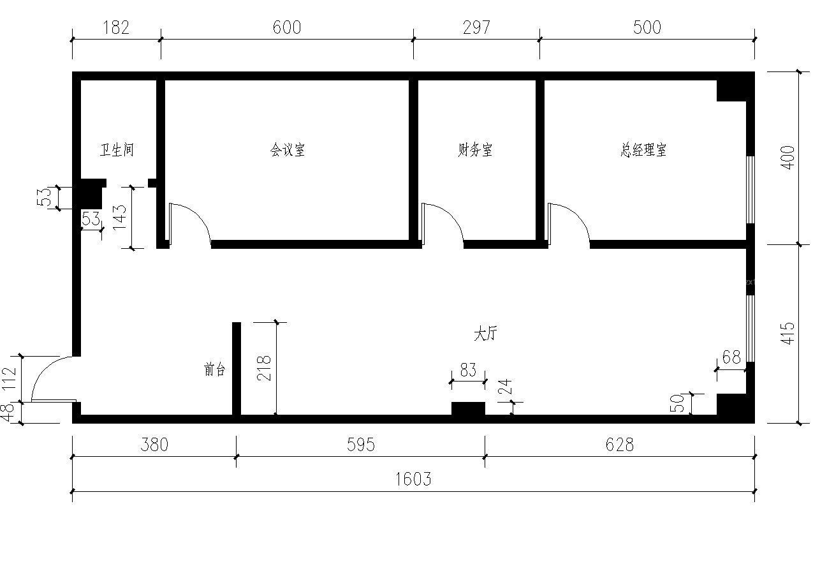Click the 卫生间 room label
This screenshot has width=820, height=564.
pyautogui.click(x=117, y=151)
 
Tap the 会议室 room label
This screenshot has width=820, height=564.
pyautogui.click(x=287, y=151)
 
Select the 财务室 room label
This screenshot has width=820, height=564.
pyautogui.click(x=475, y=151)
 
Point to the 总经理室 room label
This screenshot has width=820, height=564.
pyautogui.click(x=643, y=151)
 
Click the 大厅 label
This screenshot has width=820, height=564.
pyautogui.click(x=485, y=334)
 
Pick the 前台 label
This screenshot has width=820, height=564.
pyautogui.click(x=215, y=370)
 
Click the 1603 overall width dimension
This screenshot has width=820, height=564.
pyautogui.click(x=413, y=479)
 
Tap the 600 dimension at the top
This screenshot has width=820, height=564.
pyautogui.click(x=286, y=27)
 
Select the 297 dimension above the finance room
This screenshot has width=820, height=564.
pyautogui.click(x=476, y=27)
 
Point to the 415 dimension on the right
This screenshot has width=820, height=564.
pyautogui.click(x=787, y=334)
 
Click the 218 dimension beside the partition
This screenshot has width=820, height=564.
pyautogui.click(x=265, y=368)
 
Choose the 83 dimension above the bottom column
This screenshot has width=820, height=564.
pyautogui.click(x=468, y=371)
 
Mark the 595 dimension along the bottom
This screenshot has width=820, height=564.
pyautogui.click(x=360, y=445)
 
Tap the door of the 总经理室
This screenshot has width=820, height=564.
pyautogui.click(x=567, y=224)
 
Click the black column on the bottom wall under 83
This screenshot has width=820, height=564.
pyautogui.click(x=468, y=409)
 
